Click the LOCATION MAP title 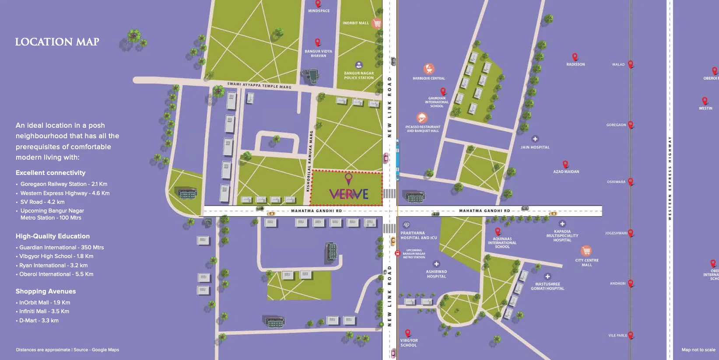[x=57, y=42]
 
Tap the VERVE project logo [x=349, y=193]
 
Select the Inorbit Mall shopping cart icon [x=377, y=23]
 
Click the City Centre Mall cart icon [x=586, y=251]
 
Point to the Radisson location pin [x=575, y=57]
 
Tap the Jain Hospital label [x=535, y=147]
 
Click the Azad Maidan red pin [x=565, y=164]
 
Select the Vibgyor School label [x=409, y=343]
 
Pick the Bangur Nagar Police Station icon [x=359, y=65]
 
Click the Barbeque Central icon [x=429, y=69]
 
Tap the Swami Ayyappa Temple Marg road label [x=259, y=85]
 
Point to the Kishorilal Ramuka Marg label [x=309, y=161]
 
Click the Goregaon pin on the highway [x=631, y=125]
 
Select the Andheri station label [x=617, y=283]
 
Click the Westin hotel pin [x=705, y=101]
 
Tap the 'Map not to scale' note [x=698, y=350]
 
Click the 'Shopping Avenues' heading [x=46, y=291]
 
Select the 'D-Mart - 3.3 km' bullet [x=39, y=321]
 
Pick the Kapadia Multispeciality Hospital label [x=562, y=236]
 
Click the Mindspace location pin [x=318, y=3]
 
